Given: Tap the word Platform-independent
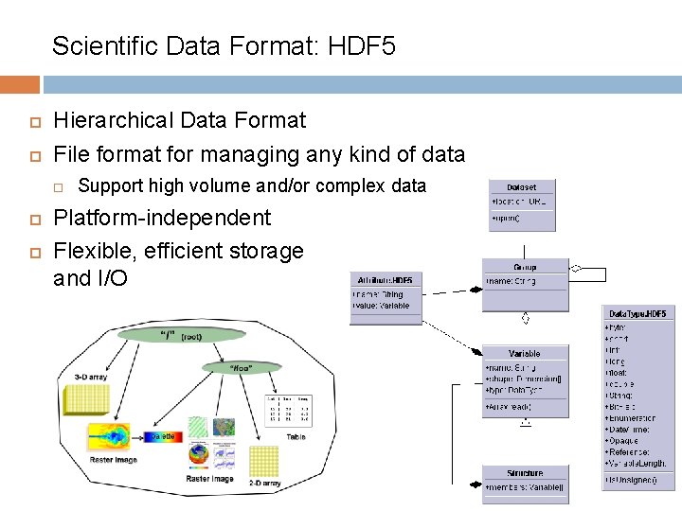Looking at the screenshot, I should [x=162, y=218].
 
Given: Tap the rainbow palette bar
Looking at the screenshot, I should [x=162, y=437].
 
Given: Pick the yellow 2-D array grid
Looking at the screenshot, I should [x=263, y=461].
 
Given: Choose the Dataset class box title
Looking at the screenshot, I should [x=521, y=187].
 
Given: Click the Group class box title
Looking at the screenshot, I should [x=525, y=267].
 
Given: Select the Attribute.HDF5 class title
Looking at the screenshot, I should [x=385, y=281].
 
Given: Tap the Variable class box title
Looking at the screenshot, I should [x=524, y=353].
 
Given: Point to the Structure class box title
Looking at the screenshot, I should [x=524, y=472].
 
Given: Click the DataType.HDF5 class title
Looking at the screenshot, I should [x=637, y=313].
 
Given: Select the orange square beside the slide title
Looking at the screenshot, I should [x=20, y=85].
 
